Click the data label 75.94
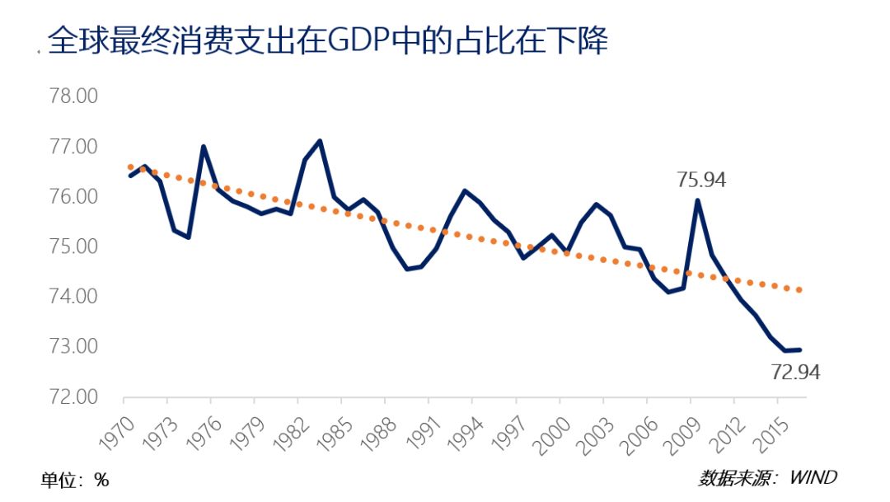[700, 181]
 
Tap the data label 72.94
[795, 373]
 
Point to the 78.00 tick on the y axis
[73, 96]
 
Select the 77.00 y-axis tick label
[73, 147]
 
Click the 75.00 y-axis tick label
[73, 246]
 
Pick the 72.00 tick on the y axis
[73, 396]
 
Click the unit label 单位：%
[75, 480]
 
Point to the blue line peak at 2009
[698, 200]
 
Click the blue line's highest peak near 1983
[320, 141]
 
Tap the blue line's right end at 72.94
[799, 350]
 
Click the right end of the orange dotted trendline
[799, 289]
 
